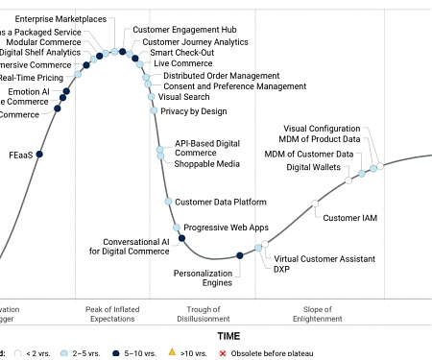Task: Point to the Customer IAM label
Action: tap(349, 218)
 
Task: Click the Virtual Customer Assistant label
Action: tap(324, 259)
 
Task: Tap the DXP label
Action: tap(282, 271)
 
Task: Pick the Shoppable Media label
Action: tap(207, 164)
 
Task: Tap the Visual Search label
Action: tap(184, 97)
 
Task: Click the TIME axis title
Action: tap(228, 337)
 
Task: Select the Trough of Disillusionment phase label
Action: tap(204, 313)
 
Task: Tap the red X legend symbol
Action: tap(223, 354)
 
